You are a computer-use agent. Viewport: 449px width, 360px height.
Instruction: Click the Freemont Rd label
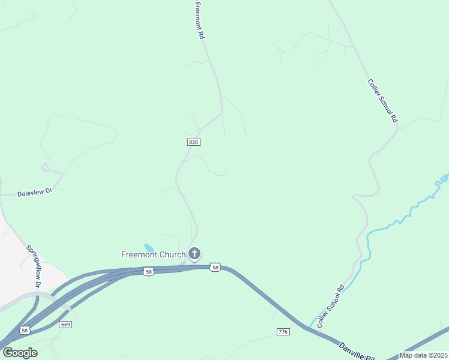[x=200, y=21]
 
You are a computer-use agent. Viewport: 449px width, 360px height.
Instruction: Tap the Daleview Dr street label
[x=35, y=193]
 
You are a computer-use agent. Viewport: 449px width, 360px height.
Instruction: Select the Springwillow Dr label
[x=34, y=264]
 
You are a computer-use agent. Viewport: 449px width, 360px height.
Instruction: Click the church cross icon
[x=194, y=254]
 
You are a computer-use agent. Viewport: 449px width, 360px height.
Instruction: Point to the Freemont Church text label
[x=153, y=254]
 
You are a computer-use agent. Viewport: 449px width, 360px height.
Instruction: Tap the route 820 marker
[x=193, y=142]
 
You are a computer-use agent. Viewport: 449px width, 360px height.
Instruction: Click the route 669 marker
[x=66, y=324]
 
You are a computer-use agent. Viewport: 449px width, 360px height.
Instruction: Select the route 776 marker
[x=283, y=332]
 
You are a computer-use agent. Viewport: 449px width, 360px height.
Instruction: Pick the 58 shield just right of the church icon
[x=215, y=267]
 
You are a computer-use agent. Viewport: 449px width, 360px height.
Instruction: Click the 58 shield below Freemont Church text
[x=149, y=271]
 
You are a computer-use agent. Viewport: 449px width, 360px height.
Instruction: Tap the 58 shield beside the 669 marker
[x=25, y=330]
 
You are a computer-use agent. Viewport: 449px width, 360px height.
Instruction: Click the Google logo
[x=20, y=353]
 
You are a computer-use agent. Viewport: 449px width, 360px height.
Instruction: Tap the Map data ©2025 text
[x=423, y=355]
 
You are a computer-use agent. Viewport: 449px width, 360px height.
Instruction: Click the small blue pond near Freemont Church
[x=148, y=247]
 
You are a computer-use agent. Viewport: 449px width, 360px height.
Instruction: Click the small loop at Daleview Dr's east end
[x=46, y=167]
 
